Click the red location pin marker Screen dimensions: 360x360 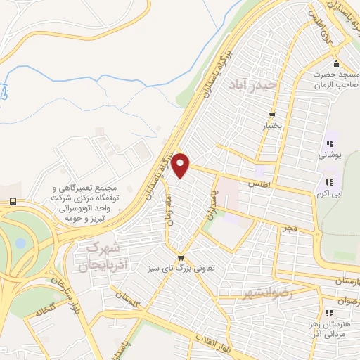click(181, 165)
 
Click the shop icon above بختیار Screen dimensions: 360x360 click(272, 116)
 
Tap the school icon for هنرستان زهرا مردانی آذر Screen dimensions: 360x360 click(328, 313)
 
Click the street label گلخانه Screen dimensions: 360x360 click(41, 309)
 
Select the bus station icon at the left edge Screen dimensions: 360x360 click(13, 202)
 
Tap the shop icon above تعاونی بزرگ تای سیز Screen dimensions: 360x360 click(181, 257)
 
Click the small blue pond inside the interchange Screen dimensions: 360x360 click(20, 243)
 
